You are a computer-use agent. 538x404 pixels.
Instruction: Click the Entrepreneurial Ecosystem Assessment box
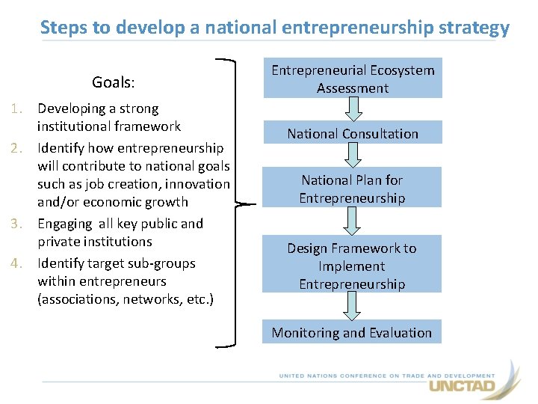(352, 79)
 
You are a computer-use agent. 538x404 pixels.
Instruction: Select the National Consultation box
(352, 133)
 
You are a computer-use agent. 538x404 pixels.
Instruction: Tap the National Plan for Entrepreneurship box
(352, 189)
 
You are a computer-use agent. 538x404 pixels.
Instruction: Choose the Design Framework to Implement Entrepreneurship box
(352, 265)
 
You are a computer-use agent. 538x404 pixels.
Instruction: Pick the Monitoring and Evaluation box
(352, 332)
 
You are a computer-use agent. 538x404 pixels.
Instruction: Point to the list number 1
(23, 109)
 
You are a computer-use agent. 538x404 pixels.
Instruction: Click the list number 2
(23, 148)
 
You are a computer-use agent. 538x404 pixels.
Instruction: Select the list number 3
(23, 224)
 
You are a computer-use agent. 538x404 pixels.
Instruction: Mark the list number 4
(23, 263)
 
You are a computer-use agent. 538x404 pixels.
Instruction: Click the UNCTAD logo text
(461, 386)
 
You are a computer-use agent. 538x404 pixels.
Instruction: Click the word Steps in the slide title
(66, 28)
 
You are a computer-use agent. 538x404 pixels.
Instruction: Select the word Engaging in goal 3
(66, 224)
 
